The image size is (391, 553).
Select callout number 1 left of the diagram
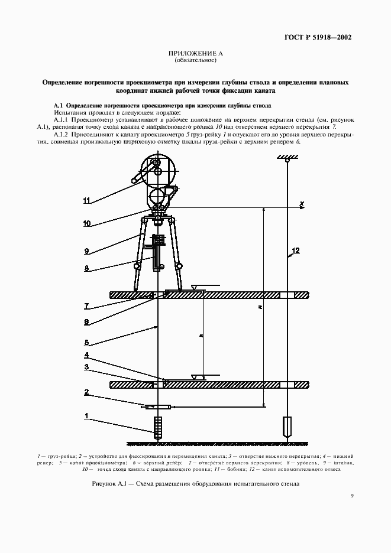click(x=86, y=416)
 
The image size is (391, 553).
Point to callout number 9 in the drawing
click(x=86, y=251)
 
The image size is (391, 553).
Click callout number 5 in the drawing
click(x=86, y=341)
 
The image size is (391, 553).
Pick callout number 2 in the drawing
click(x=86, y=392)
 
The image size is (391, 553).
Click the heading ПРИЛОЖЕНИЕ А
click(x=195, y=54)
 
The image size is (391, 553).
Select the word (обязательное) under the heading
click(x=195, y=61)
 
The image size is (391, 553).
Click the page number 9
click(x=352, y=496)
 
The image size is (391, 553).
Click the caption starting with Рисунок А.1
click(x=195, y=483)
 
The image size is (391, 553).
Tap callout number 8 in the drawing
click(x=86, y=268)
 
